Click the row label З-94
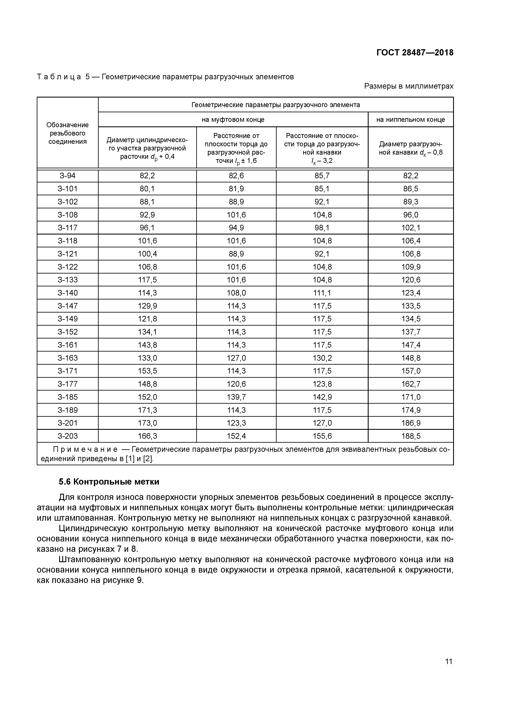point(67,176)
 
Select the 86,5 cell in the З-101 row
point(411,189)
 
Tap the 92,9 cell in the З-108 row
point(147,215)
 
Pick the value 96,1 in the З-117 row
point(147,228)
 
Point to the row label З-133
point(67,280)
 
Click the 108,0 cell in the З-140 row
point(236,293)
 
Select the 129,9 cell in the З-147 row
point(147,306)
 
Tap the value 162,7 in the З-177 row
point(411,384)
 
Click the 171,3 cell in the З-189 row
point(147,410)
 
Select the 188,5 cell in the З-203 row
point(411,436)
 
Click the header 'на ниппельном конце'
point(411,120)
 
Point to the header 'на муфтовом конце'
point(233,120)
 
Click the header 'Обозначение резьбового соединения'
point(67,133)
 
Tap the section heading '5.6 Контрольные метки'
point(109,482)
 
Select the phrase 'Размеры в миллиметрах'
point(409,86)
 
